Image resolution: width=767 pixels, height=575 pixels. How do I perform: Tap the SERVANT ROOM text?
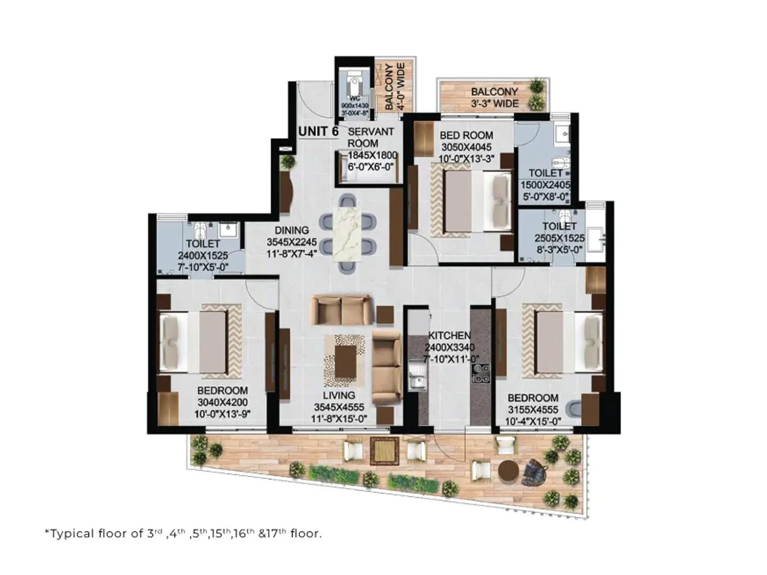(x=371, y=138)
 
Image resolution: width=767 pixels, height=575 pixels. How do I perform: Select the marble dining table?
(x=348, y=234)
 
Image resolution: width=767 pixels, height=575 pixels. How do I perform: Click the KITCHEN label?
(x=449, y=335)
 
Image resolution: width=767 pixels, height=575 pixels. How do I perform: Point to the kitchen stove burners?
(x=481, y=373)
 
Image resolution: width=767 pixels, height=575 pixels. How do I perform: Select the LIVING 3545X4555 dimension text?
(x=339, y=407)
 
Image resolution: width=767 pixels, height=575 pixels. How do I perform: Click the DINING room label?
(x=291, y=230)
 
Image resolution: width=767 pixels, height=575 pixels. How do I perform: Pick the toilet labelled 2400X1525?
(x=203, y=255)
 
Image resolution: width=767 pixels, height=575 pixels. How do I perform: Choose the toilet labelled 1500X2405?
(x=546, y=184)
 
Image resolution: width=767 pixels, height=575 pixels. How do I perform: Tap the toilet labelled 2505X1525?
(x=559, y=237)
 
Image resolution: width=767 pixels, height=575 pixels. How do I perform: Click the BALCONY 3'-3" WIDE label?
(x=494, y=97)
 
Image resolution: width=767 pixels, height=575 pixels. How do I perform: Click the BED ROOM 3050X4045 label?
(x=466, y=147)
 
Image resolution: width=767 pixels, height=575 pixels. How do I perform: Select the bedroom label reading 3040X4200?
(x=222, y=402)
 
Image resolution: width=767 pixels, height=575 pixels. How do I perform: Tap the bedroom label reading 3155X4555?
(x=533, y=410)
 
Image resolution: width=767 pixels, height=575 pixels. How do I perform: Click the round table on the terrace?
(x=508, y=471)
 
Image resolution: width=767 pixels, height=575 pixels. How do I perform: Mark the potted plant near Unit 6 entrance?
(x=288, y=161)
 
